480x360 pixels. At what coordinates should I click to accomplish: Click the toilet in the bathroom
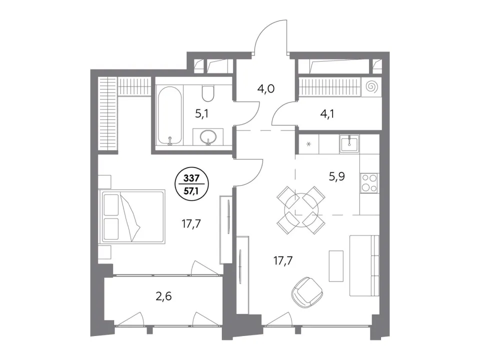pos(208,93)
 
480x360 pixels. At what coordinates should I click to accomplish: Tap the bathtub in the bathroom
pos(169,115)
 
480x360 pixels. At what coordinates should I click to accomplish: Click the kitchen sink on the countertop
pos(348,143)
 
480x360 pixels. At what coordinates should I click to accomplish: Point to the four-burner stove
pos(369,183)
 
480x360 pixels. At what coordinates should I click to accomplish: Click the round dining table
pos(301,210)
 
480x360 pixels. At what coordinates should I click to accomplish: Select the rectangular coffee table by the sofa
pos(336,265)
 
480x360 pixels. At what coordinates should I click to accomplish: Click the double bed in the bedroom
pos(132,216)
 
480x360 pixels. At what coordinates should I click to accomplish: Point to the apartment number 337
pos(191,178)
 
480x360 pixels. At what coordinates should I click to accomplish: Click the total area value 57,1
pos(191,191)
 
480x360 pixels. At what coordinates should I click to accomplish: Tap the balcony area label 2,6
pos(164,296)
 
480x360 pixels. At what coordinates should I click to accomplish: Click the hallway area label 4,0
pos(266,89)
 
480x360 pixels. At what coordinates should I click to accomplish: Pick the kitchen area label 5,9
pos(337,176)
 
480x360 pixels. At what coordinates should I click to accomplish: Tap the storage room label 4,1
pos(327,114)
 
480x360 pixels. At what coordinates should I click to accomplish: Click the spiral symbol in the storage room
pos(371,86)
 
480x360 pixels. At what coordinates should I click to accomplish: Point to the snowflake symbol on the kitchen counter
pos(308,144)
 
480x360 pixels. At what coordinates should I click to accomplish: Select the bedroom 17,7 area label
pos(191,224)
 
